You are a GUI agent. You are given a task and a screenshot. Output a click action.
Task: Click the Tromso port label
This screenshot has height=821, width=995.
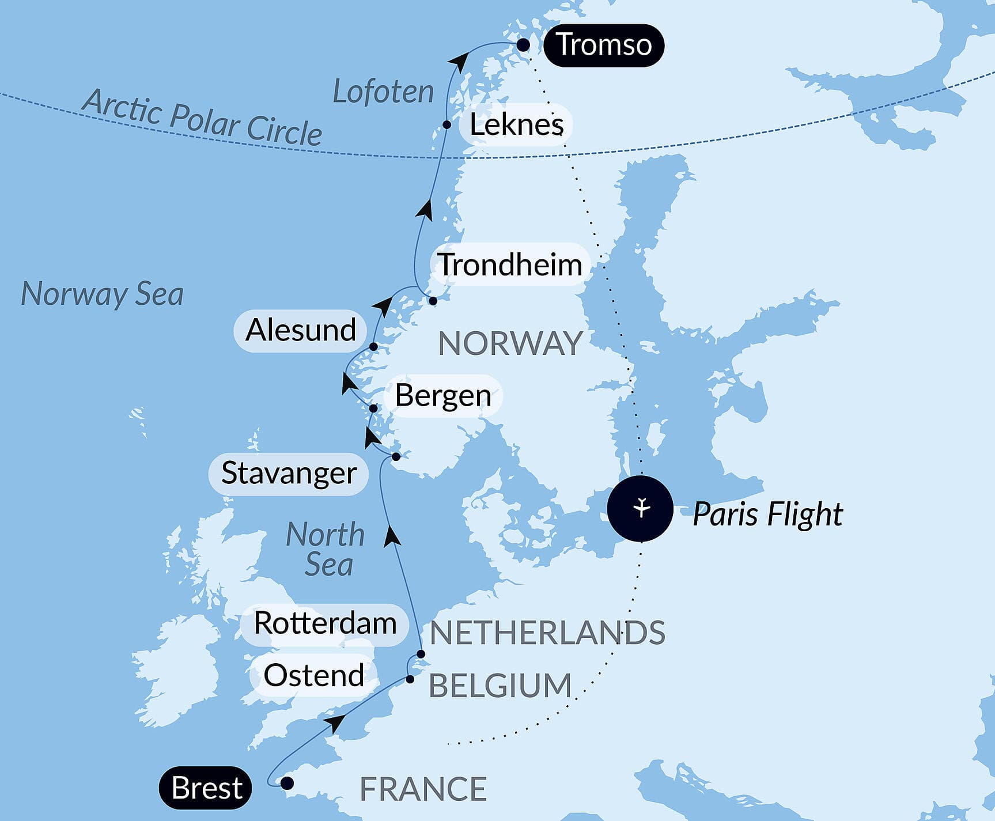point(603,45)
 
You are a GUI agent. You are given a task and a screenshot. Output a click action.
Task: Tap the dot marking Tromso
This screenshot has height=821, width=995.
point(523,45)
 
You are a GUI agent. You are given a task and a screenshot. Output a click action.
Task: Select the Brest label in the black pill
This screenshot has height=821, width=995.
point(206,788)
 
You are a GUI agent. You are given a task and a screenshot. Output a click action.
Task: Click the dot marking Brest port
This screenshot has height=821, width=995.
point(286,783)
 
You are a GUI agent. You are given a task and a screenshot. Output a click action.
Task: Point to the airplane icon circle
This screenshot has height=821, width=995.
point(640,509)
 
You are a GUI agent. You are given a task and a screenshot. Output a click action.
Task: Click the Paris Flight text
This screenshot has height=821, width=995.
point(767,514)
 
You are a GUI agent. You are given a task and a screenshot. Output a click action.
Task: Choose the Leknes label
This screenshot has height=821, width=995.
point(516,124)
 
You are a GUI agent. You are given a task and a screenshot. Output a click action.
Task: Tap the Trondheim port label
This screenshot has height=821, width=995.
point(510,264)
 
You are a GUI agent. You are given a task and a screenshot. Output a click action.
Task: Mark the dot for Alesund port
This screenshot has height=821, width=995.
point(373,347)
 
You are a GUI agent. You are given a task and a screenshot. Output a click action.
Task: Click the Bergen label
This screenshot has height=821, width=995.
point(442,395)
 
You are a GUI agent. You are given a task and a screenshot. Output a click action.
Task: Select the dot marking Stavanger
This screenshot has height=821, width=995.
point(396,457)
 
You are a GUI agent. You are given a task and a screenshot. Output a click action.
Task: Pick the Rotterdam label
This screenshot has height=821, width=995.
point(325,623)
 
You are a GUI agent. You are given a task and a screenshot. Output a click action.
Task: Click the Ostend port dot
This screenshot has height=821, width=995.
point(410,679)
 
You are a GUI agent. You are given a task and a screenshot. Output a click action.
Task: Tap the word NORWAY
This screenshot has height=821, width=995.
point(510,343)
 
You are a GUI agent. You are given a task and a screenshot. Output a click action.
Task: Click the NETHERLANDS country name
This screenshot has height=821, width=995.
point(547,632)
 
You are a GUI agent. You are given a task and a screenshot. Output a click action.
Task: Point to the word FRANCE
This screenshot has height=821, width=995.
point(423,789)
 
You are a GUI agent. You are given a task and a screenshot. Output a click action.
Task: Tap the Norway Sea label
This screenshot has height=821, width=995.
point(102,294)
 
